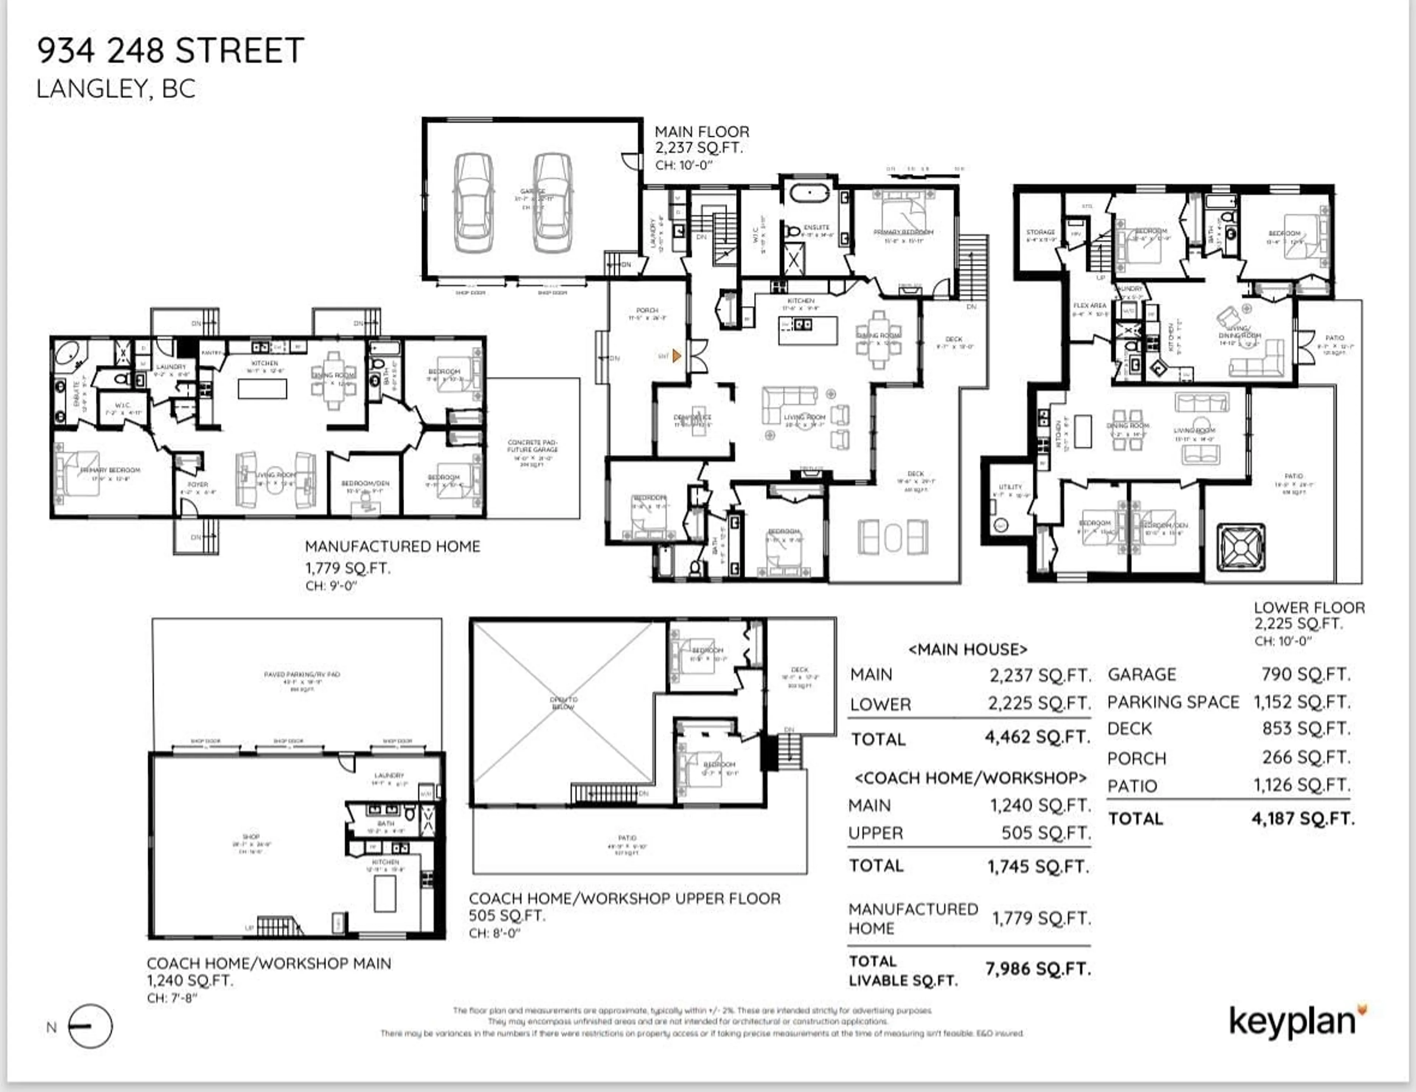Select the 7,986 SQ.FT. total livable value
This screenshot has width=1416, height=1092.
tap(1038, 969)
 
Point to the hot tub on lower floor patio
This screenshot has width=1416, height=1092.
tap(1240, 548)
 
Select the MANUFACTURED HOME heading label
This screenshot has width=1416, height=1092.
tap(392, 547)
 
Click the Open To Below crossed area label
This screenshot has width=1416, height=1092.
tap(563, 703)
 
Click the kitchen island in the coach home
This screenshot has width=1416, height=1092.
tap(385, 893)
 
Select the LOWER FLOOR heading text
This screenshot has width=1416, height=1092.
tap(1309, 608)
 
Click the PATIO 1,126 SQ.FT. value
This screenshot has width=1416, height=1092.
tap(1302, 785)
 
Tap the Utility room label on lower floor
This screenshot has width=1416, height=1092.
tap(1010, 487)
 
